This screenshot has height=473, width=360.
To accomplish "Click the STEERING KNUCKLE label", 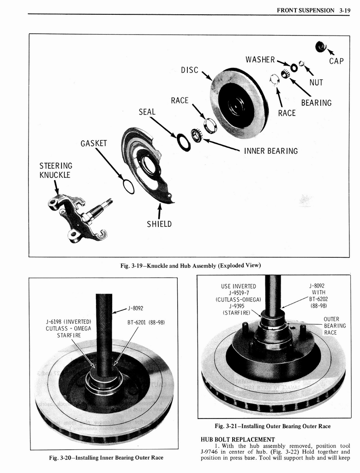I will pyautogui.click(x=56, y=170).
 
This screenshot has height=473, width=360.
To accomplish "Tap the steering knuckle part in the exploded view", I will pyautogui.click(x=78, y=217).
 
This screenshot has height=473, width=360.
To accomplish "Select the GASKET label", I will pyautogui.click(x=94, y=143).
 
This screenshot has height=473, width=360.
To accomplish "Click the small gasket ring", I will pyautogui.click(x=129, y=186).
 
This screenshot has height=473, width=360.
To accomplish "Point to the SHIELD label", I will pyautogui.click(x=159, y=224).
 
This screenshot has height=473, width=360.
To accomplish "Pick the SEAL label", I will pyautogui.click(x=147, y=112).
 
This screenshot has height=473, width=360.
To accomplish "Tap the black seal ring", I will pyautogui.click(x=183, y=142).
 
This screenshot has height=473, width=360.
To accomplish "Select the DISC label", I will pyautogui.click(x=189, y=70).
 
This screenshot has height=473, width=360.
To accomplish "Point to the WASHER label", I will pyautogui.click(x=260, y=60).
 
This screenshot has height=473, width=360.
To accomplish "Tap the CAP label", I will pyautogui.click(x=336, y=61).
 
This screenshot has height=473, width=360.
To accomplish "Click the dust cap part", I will pyautogui.click(x=320, y=46).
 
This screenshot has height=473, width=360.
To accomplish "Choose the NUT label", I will pyautogui.click(x=316, y=83).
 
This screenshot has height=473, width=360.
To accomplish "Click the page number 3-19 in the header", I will pyautogui.click(x=344, y=9).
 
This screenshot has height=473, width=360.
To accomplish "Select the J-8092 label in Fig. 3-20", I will pyautogui.click(x=135, y=308).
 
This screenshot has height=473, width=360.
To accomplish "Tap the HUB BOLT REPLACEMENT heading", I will pyautogui.click(x=238, y=439).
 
